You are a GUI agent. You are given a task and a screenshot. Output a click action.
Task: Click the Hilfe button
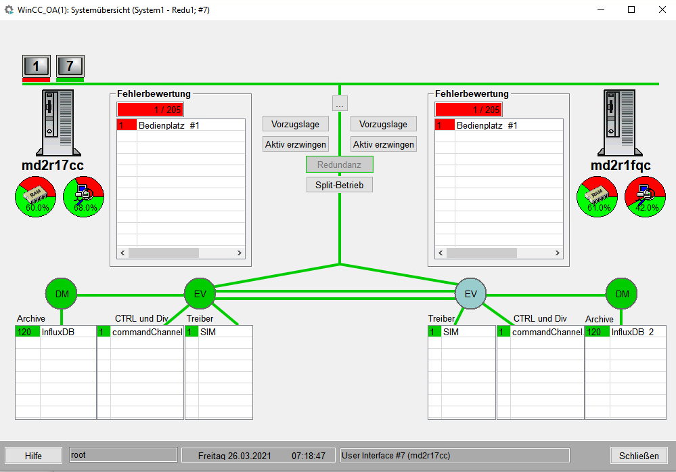[x=33, y=456]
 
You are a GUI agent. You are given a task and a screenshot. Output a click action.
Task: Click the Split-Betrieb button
[x=339, y=185]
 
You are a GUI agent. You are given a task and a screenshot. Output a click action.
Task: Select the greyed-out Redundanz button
[x=339, y=165]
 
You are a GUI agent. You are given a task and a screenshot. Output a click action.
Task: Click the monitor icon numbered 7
[x=70, y=66]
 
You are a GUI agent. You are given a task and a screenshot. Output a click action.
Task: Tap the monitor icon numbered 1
[x=37, y=66]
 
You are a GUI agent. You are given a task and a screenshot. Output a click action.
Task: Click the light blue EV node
[x=470, y=294]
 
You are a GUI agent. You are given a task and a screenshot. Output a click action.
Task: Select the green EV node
[x=200, y=294]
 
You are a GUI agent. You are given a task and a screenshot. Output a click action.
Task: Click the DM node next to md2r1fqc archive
[x=621, y=294]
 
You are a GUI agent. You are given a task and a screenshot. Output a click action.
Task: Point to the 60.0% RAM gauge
[x=35, y=197]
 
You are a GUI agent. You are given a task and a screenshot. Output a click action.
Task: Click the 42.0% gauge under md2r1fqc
[x=645, y=197]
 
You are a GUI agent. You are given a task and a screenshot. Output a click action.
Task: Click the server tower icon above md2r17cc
[x=58, y=123]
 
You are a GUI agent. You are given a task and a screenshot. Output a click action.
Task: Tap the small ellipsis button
[x=340, y=104]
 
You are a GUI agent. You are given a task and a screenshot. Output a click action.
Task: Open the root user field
[x=123, y=455]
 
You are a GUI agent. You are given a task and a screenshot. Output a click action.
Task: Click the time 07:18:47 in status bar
[x=309, y=456]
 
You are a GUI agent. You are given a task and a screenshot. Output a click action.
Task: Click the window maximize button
[x=631, y=9]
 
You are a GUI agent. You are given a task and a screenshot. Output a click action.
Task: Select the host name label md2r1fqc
[x=621, y=165]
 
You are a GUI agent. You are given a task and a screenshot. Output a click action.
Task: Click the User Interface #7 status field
[x=455, y=455]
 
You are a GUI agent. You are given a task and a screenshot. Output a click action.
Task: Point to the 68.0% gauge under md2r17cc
[x=84, y=197]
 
